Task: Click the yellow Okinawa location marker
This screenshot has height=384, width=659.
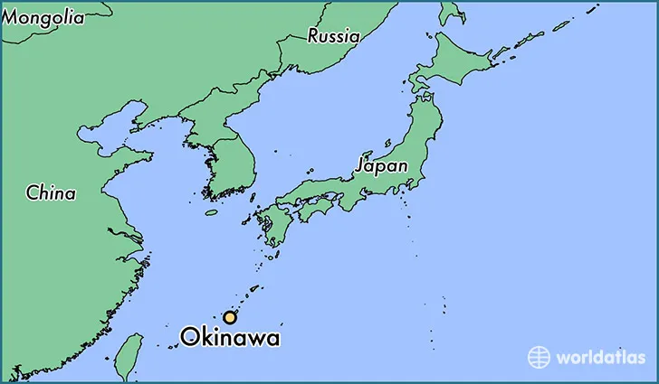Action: pyautogui.click(x=231, y=317)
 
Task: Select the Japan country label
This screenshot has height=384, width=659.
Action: pyautogui.click(x=381, y=166)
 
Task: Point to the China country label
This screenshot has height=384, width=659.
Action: pyautogui.click(x=51, y=192)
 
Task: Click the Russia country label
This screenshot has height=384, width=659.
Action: pyautogui.click(x=333, y=36)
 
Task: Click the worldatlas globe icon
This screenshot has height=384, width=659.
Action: pyautogui.click(x=540, y=357)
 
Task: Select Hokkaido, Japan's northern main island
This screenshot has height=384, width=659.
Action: pyautogui.click(x=453, y=61)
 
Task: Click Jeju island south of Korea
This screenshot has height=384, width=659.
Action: pyautogui.click(x=212, y=213)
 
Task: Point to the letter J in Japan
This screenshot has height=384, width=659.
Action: pyautogui.click(x=360, y=166)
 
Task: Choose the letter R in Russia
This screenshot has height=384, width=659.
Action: pyautogui.click(x=313, y=36)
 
